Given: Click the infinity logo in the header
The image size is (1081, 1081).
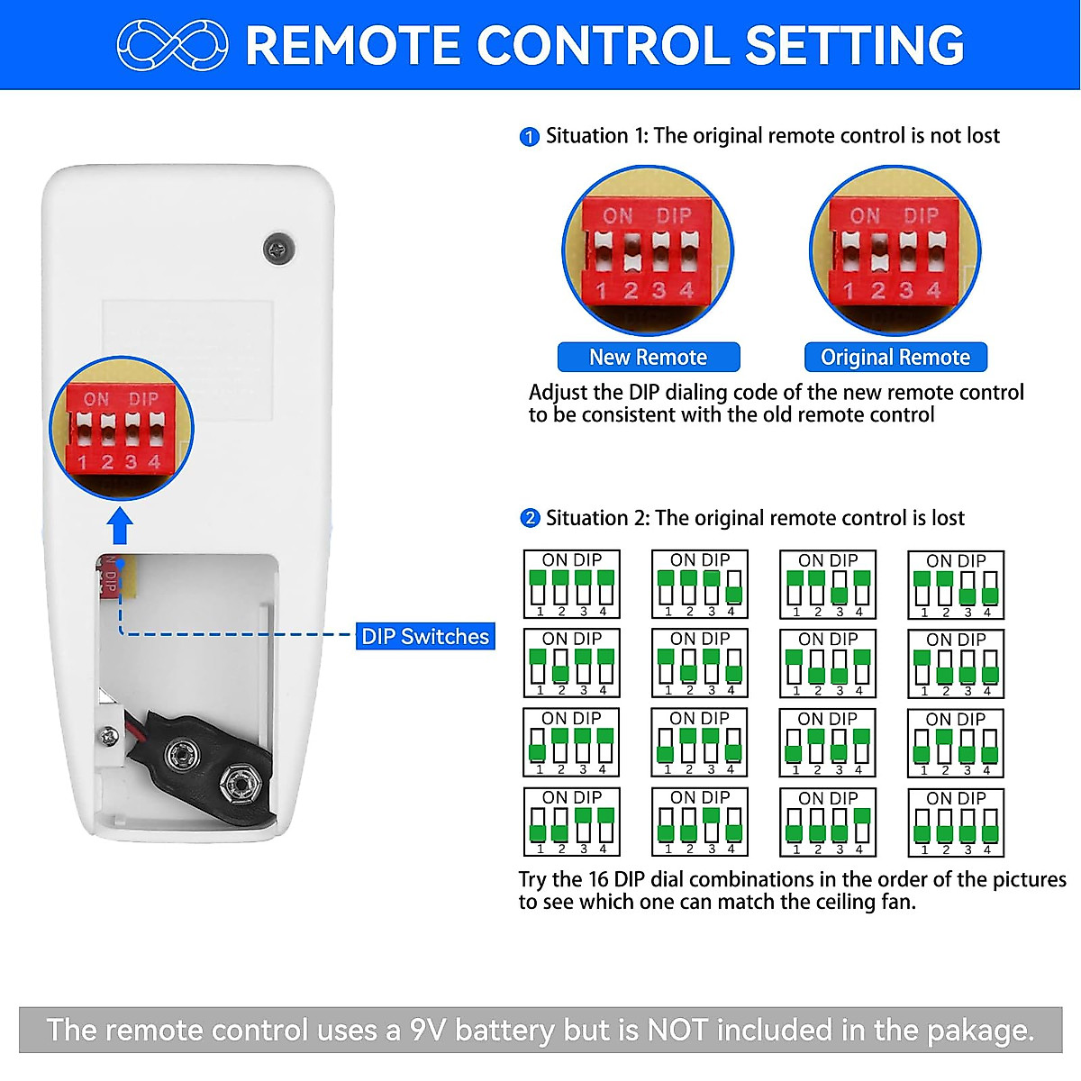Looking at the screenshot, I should click(173, 45).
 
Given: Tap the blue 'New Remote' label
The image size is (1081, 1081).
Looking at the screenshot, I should click(648, 358).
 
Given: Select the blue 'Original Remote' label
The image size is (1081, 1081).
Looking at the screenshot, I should click(895, 358).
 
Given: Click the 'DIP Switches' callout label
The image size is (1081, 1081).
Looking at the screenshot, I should click(425, 636).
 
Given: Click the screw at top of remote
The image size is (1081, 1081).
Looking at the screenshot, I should click(278, 249).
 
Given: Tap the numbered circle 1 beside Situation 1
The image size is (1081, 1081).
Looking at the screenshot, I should click(530, 137).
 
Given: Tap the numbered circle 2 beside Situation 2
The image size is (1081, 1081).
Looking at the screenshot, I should click(530, 519).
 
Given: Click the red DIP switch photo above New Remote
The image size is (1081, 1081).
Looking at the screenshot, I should click(648, 250).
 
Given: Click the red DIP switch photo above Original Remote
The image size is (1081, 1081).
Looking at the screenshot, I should click(895, 250).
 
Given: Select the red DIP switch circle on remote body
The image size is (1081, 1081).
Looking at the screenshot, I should click(121, 428).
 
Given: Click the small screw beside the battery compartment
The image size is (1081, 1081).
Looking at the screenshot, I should click(110, 736).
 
